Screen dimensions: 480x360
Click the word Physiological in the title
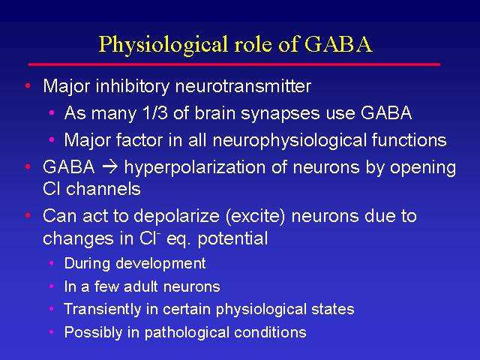point(164,45)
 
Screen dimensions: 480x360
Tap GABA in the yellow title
point(338,43)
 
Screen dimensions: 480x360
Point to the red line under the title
point(235,64)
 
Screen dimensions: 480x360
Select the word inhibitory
point(133,86)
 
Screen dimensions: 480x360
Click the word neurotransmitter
point(243,86)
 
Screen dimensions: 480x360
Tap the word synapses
point(280,114)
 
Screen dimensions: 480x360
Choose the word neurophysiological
point(289,141)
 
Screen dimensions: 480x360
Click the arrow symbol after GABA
point(109,167)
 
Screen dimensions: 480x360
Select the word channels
point(103,189)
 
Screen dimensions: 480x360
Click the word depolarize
point(177,217)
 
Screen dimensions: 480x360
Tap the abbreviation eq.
point(178,240)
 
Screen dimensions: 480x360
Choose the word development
point(160,264)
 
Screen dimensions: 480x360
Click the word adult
point(140,286)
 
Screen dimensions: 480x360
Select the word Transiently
point(102,310)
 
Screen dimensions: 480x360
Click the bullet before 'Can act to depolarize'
point(28,216)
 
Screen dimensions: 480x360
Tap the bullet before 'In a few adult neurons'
point(52,286)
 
